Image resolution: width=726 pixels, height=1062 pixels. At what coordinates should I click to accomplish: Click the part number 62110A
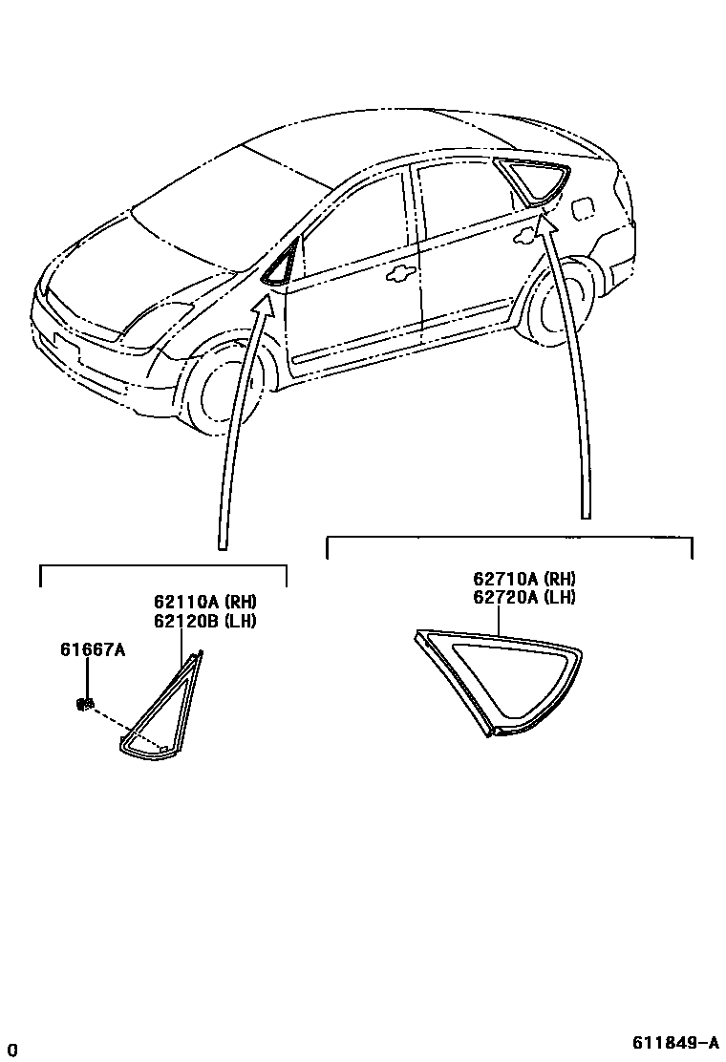(187, 602)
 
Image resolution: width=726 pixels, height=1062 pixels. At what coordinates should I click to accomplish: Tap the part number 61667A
(93, 650)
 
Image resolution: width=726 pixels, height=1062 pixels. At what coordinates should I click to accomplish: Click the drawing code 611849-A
(674, 1042)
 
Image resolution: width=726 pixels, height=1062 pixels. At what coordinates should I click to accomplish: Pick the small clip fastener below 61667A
(84, 705)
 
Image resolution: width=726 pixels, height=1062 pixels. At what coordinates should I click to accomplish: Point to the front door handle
(400, 275)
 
